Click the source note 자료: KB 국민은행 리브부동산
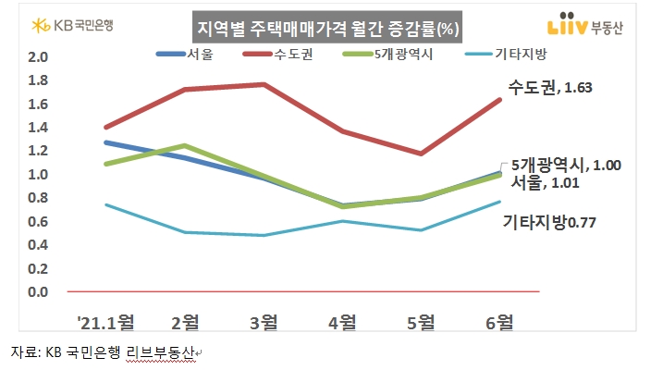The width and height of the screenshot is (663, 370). (x=104, y=353)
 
